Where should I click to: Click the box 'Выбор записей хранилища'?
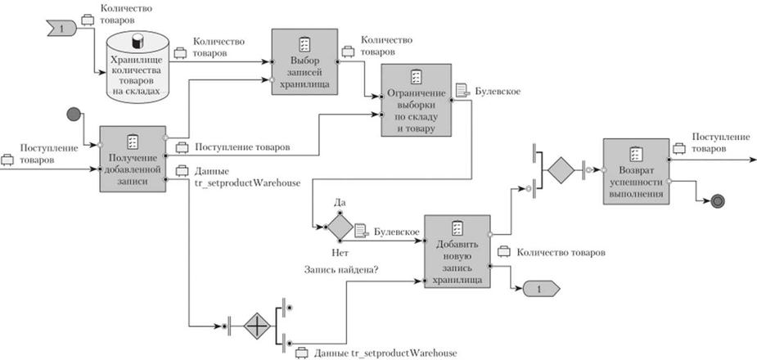(x=304, y=61)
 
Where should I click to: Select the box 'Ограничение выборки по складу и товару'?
(x=416, y=102)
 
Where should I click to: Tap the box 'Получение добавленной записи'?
(x=133, y=159)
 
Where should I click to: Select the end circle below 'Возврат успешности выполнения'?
(x=718, y=200)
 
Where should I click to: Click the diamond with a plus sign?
(x=253, y=326)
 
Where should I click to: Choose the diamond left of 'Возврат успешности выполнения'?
(x=561, y=171)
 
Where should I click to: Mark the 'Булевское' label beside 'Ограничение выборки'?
(x=498, y=91)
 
